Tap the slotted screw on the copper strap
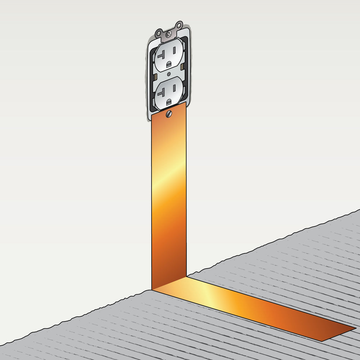(x=169, y=114)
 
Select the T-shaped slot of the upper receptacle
(x=160, y=56)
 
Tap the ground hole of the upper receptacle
(x=168, y=64)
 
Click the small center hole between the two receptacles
(x=168, y=74)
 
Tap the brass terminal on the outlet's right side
(x=183, y=67)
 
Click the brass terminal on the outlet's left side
(x=154, y=77)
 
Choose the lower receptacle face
(x=168, y=93)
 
